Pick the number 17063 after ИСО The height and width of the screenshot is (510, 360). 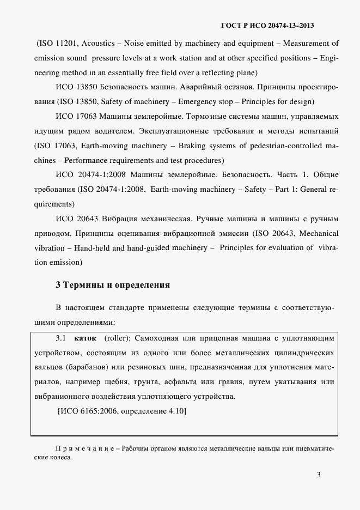pos(82,117)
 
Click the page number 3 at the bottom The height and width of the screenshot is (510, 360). pos(319,475)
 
